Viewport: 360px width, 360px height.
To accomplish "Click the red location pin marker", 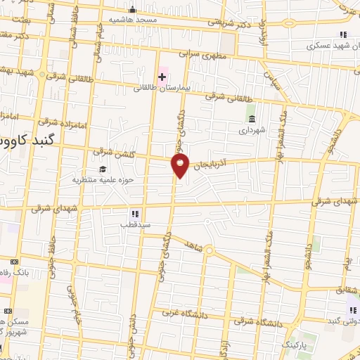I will (181, 166).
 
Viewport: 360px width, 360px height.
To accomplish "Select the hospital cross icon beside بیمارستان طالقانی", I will (162, 75).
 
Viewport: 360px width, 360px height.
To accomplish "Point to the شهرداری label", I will (252, 130).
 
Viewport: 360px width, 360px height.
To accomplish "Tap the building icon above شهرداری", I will (252, 118).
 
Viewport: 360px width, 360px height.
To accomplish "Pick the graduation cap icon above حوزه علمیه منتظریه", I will (103, 169).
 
